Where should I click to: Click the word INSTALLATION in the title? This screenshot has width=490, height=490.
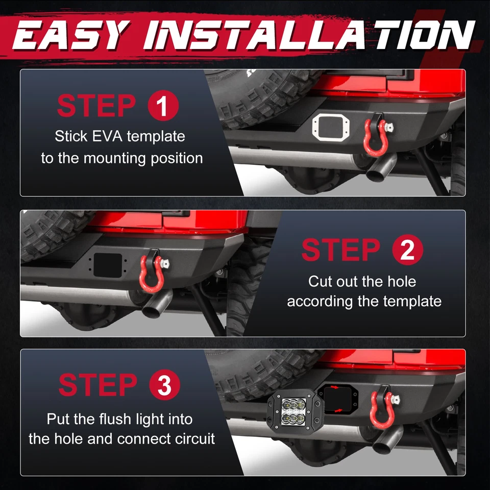pos(309,35)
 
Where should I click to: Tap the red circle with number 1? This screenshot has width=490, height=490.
pos(163,106)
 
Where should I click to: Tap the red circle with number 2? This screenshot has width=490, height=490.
pos(408,250)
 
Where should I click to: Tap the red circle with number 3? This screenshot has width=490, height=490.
pos(165,385)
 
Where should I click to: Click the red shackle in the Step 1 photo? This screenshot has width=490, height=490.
pos(376,137)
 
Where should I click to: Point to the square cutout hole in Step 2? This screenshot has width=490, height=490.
pos(108,265)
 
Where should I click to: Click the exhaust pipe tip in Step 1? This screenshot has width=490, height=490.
pos(380,169)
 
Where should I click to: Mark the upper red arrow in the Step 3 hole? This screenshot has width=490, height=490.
pos(334,387)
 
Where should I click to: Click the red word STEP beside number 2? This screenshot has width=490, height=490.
pos(341,250)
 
